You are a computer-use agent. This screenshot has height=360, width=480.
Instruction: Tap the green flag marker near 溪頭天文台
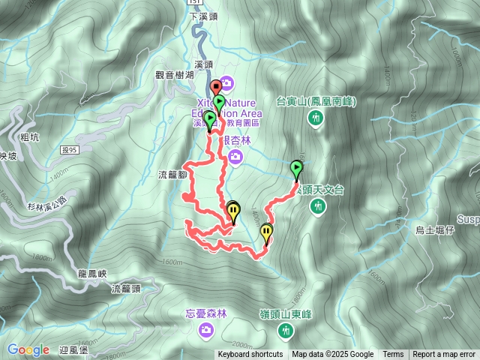click(x=296, y=168)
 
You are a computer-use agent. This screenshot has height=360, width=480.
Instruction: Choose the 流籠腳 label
click(x=172, y=175)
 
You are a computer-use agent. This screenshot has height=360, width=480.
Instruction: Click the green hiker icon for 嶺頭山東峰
click(x=284, y=331)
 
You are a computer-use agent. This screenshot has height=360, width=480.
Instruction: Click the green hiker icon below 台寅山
click(x=315, y=117)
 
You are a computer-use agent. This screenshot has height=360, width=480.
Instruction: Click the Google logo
click(x=28, y=349)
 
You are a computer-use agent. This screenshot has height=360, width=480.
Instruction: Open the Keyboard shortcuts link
click(x=250, y=355)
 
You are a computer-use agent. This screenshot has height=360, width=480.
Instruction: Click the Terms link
click(x=393, y=355)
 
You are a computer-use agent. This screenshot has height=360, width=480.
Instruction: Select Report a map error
click(x=444, y=355)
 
